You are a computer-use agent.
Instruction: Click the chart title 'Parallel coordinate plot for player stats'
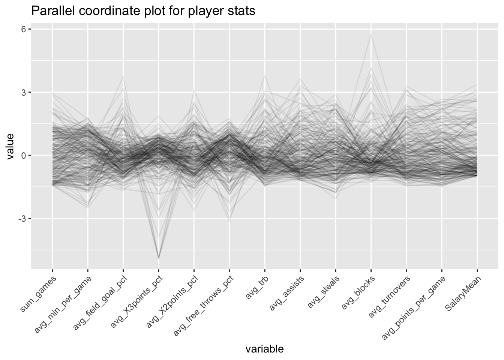(143, 11)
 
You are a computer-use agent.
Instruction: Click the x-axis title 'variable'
(264, 349)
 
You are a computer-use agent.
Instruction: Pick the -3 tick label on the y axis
(22, 218)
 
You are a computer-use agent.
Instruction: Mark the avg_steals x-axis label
(323, 290)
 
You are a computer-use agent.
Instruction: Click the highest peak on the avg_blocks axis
(371, 34)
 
